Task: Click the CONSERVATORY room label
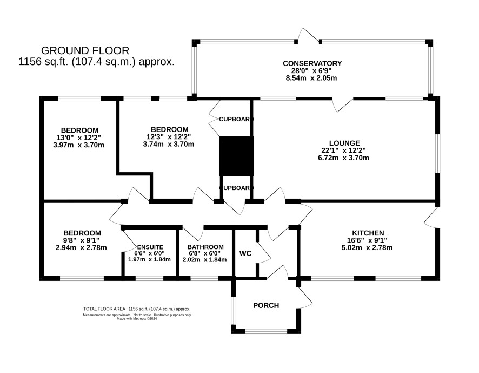point(312,63)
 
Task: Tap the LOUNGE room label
point(344,143)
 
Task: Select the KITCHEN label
point(368,233)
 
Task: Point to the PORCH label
point(266,305)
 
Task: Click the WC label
point(245,253)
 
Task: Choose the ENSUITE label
point(150,247)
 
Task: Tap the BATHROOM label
point(205,247)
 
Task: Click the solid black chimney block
point(236,156)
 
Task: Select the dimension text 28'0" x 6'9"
point(311,71)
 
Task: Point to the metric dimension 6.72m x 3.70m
point(343,158)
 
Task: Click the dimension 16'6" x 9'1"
point(367,240)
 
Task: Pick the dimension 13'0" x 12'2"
point(78,138)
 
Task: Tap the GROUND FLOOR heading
point(85,50)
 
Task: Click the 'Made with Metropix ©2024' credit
point(137,318)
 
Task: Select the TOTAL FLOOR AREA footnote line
point(137,309)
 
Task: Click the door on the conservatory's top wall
point(309,36)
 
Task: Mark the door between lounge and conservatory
point(343,104)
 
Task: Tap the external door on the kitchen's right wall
point(431,218)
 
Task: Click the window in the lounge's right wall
point(438,153)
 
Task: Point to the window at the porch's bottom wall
point(266,331)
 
